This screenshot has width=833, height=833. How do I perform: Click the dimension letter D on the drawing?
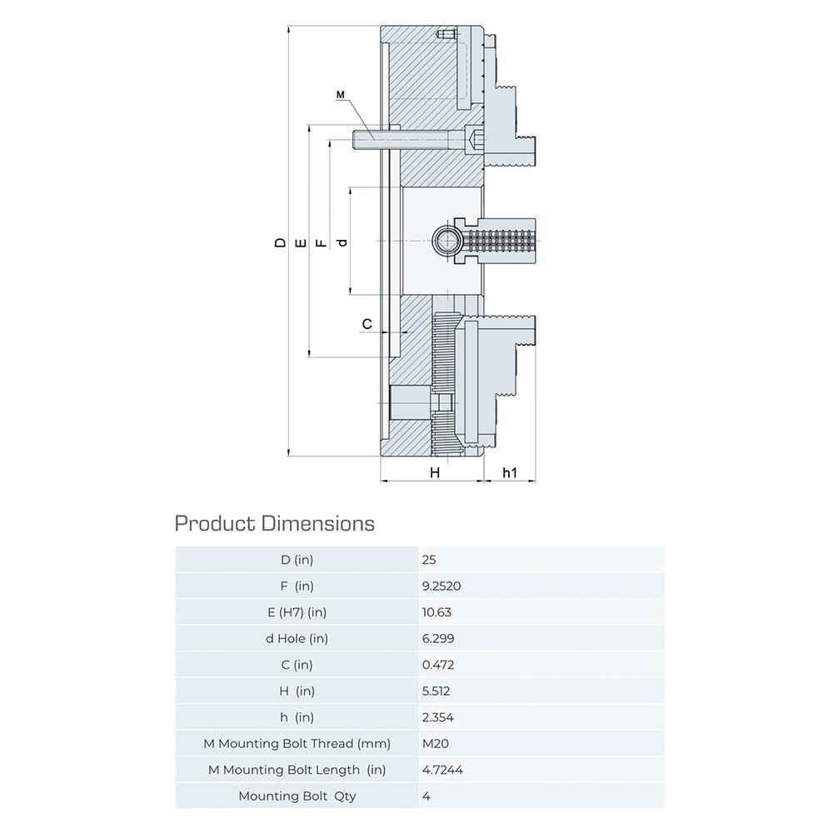point(280,242)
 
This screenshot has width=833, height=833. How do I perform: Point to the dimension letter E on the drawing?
point(301,243)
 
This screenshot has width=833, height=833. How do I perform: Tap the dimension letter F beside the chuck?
point(321,243)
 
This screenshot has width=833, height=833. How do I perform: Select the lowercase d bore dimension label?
point(342,242)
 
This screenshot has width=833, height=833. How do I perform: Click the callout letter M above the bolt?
point(341,95)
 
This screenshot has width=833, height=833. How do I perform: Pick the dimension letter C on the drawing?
point(367,324)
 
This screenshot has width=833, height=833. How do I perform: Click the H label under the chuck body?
point(435,472)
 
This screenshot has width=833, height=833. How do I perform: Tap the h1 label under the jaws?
point(510,472)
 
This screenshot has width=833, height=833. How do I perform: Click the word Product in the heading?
point(215,524)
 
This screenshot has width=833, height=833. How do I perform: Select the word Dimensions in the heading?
point(317,524)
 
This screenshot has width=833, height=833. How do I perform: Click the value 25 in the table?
point(429,560)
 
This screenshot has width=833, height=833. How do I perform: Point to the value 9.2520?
point(441,586)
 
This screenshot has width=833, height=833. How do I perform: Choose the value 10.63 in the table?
point(436,612)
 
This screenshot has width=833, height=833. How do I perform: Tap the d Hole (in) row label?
point(297,639)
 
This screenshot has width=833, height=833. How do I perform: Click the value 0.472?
point(438,665)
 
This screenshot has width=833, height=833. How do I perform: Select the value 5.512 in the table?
point(436,691)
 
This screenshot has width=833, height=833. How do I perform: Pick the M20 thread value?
point(436,744)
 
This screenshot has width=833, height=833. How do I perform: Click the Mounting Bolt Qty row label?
point(297,796)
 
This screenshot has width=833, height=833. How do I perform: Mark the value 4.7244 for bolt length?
point(442,770)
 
